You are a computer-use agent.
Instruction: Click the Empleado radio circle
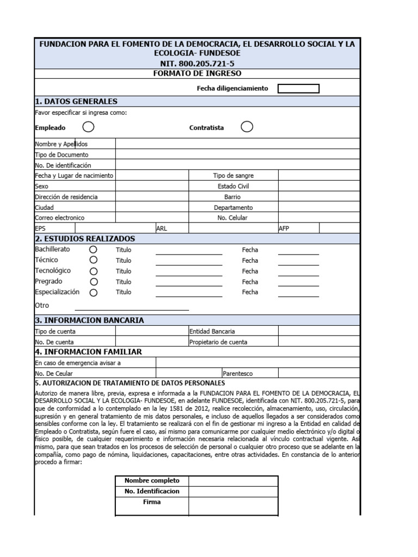tap(88, 127)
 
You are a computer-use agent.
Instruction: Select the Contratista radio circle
tap(247, 127)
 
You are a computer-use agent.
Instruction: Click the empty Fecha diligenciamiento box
tap(298, 89)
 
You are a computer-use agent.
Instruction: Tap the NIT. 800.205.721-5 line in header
tap(196, 64)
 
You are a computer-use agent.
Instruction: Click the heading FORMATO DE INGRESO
tap(196, 73)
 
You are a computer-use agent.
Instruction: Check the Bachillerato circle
tap(94, 249)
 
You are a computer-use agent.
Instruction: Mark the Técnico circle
tap(94, 260)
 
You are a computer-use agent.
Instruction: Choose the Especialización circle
tap(94, 293)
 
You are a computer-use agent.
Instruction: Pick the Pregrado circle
tap(94, 282)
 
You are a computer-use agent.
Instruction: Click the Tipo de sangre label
tap(233, 176)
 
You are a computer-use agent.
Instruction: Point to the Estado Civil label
tap(233, 186)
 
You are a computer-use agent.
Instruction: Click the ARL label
tap(162, 229)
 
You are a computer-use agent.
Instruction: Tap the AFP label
tap(284, 229)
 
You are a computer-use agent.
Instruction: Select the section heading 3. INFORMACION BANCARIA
tap(89, 320)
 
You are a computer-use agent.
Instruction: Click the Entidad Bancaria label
tap(212, 331)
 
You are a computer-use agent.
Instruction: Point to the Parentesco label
tap(237, 374)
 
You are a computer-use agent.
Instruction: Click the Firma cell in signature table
tap(152, 502)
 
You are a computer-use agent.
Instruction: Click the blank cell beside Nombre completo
tap(233, 481)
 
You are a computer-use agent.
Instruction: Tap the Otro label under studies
tap(42, 306)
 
